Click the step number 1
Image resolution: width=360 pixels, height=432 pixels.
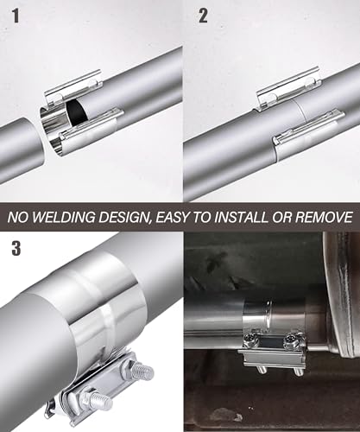click(x=16, y=16)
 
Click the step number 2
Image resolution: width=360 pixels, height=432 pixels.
click(x=203, y=16)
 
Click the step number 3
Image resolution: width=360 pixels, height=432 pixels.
click(x=16, y=249)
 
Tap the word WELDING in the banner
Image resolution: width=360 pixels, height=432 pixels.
click(x=64, y=217)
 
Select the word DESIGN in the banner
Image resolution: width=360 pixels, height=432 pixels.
click(x=125, y=218)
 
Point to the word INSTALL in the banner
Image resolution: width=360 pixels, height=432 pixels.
click(x=241, y=217)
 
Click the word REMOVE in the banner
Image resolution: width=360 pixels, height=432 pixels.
click(x=324, y=217)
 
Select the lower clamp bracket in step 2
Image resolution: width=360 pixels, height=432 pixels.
click(x=308, y=127)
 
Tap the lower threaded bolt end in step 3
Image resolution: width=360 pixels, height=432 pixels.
click(x=101, y=400)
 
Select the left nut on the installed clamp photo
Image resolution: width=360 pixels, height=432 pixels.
click(x=249, y=340)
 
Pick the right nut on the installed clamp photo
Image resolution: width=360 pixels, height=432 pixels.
click(x=291, y=340)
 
